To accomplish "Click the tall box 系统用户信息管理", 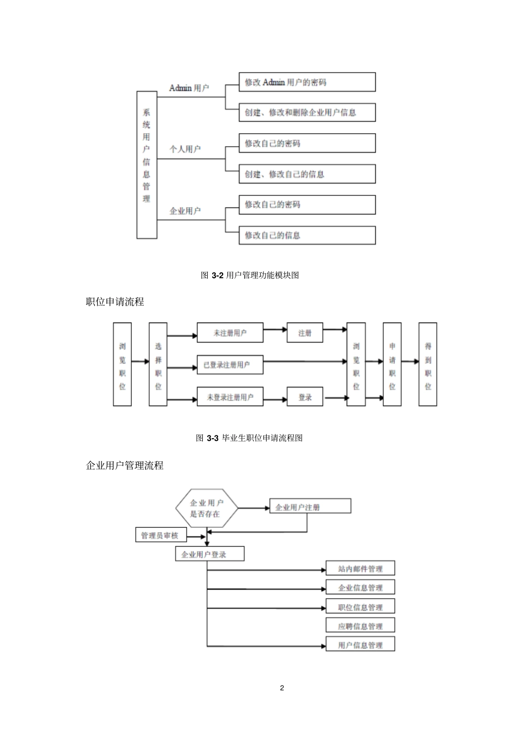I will pos(147,164).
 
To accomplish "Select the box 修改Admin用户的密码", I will pos(307,82).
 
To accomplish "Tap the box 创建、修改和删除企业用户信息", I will pos(307,112).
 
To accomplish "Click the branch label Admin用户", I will pos(189,88).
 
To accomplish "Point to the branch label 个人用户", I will pos(185,148).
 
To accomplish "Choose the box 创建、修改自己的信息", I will pos(307,174).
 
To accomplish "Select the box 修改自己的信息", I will pos(307,235).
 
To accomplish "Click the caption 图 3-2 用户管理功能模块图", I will pos(250,275).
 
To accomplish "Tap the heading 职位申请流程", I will pos(115,302).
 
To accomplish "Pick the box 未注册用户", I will pos(230,333).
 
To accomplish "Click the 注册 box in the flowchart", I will pos(305,333).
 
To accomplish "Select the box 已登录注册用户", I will pos(230,365).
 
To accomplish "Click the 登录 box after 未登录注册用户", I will pos(305,397).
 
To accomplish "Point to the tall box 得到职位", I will pos(427,364).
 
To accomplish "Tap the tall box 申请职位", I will pos(391,364).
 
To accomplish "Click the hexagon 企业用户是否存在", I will pos(207,508).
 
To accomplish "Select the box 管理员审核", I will pos(160,535).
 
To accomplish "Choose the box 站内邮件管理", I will pos(360,569).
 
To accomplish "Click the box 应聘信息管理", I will pos(360,626).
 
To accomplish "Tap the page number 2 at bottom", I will pos(282,688).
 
